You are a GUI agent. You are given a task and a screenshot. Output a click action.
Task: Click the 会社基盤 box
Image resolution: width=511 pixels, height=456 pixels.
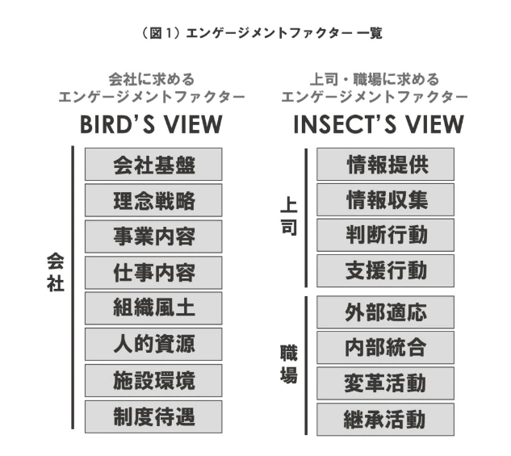tap(153, 165)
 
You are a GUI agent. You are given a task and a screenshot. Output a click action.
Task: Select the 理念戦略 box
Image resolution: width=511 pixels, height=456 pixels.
tap(153, 200)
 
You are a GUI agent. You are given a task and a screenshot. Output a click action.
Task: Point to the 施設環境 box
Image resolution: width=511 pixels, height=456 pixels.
tap(153, 379)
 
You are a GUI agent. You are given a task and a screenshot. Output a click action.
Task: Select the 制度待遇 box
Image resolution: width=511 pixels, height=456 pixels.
tap(153, 416)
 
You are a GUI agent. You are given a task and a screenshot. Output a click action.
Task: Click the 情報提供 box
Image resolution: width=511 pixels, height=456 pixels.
tap(386, 165)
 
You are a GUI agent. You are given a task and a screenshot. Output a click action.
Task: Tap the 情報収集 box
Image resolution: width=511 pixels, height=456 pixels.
tap(386, 200)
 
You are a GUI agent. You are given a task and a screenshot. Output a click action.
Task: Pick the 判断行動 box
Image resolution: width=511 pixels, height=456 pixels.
tap(386, 236)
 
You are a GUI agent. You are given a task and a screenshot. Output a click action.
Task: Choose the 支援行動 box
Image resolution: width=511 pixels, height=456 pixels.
tap(386, 271)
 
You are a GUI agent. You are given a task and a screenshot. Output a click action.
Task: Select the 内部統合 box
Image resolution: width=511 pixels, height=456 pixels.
tap(386, 348)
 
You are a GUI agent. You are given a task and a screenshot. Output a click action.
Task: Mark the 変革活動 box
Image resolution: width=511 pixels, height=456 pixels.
tap(386, 383)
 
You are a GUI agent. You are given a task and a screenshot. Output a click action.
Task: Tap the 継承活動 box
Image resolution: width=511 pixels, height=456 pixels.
tap(386, 420)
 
